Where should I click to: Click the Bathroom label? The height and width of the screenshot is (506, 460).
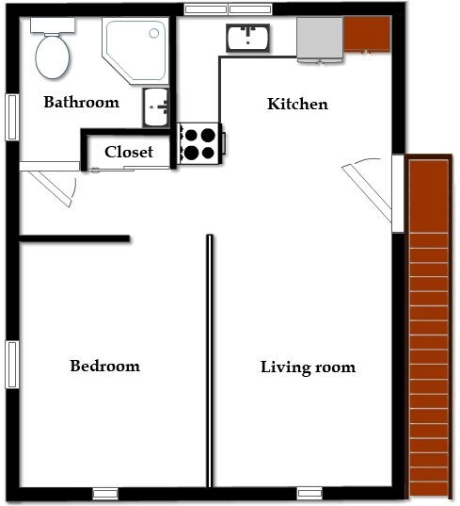tap(82, 103)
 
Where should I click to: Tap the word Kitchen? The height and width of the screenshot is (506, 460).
tap(297, 104)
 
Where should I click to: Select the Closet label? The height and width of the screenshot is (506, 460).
tap(129, 152)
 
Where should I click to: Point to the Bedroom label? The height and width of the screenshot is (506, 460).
tap(105, 366)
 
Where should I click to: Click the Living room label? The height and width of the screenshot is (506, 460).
tap(308, 367)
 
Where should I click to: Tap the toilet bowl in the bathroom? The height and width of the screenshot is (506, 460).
tap(52, 57)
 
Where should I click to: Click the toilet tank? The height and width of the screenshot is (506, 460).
tap(53, 24)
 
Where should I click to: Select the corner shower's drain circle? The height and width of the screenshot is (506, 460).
tap(154, 33)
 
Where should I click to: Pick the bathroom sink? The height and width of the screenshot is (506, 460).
tap(156, 107)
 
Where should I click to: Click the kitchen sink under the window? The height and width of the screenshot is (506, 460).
tap(247, 38)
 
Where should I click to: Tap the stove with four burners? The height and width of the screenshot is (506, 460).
tap(200, 143)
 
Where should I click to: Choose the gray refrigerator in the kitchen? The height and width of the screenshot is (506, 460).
tap(320, 39)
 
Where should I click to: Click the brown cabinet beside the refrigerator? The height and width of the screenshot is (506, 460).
tap(367, 35)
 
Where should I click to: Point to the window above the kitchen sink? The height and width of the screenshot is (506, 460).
tap(228, 9)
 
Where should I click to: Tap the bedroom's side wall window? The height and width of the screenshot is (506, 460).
tap(12, 365)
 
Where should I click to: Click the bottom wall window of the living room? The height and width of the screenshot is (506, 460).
tap(309, 493)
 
